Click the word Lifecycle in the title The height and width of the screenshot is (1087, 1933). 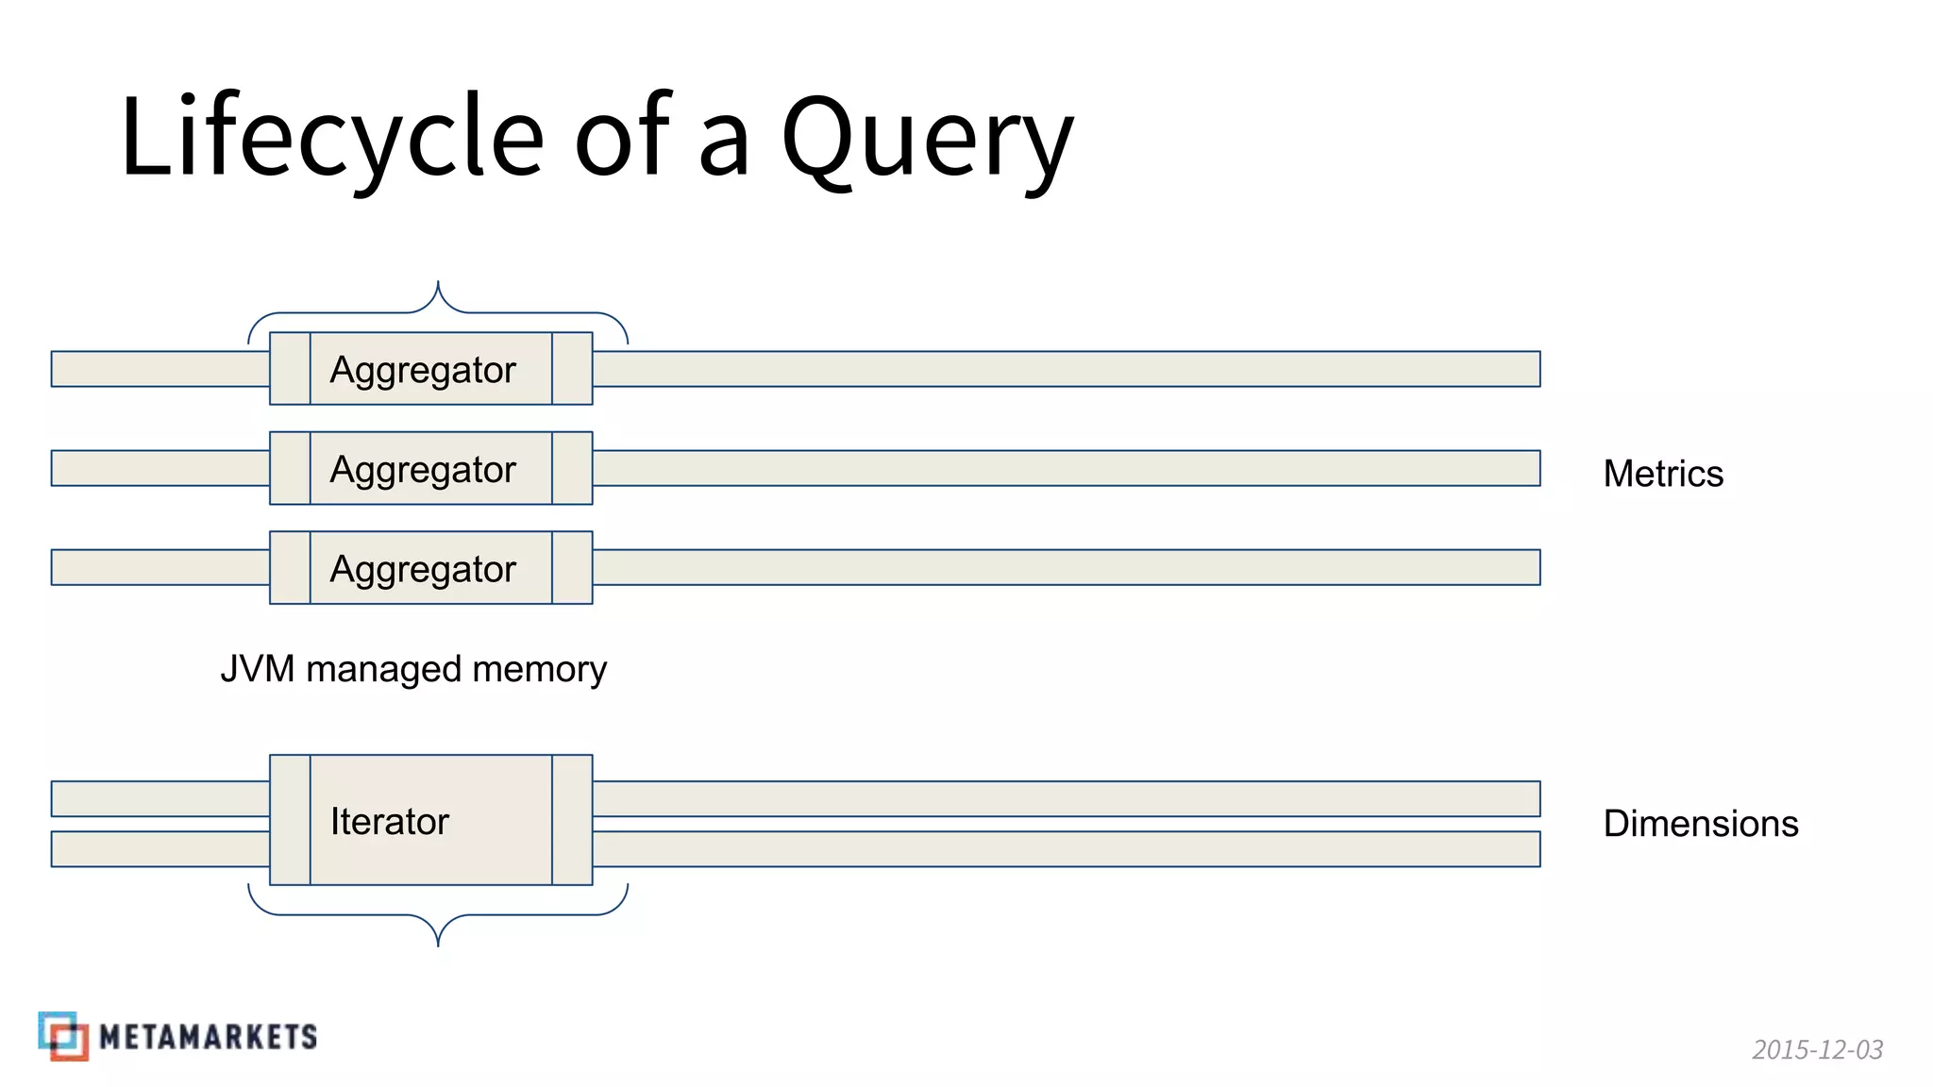(330, 137)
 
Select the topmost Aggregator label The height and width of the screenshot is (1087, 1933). (423, 369)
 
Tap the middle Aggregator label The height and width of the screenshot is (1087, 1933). (423, 469)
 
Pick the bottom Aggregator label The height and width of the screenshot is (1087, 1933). (423, 569)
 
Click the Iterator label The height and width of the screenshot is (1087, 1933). (389, 821)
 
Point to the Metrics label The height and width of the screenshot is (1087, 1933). (1663, 474)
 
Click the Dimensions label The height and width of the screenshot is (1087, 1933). (1701, 824)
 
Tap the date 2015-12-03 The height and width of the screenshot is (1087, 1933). (1817, 1049)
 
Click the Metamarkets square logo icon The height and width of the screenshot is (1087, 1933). (63, 1036)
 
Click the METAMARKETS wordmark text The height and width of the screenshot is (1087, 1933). (208, 1037)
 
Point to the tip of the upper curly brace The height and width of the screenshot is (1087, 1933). (438, 282)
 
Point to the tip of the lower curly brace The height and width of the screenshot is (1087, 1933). (438, 945)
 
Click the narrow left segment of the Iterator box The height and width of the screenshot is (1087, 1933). (290, 820)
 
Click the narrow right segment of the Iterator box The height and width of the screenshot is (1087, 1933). (572, 820)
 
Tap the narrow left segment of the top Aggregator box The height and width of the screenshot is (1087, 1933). (290, 369)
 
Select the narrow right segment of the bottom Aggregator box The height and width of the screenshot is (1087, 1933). (572, 568)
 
